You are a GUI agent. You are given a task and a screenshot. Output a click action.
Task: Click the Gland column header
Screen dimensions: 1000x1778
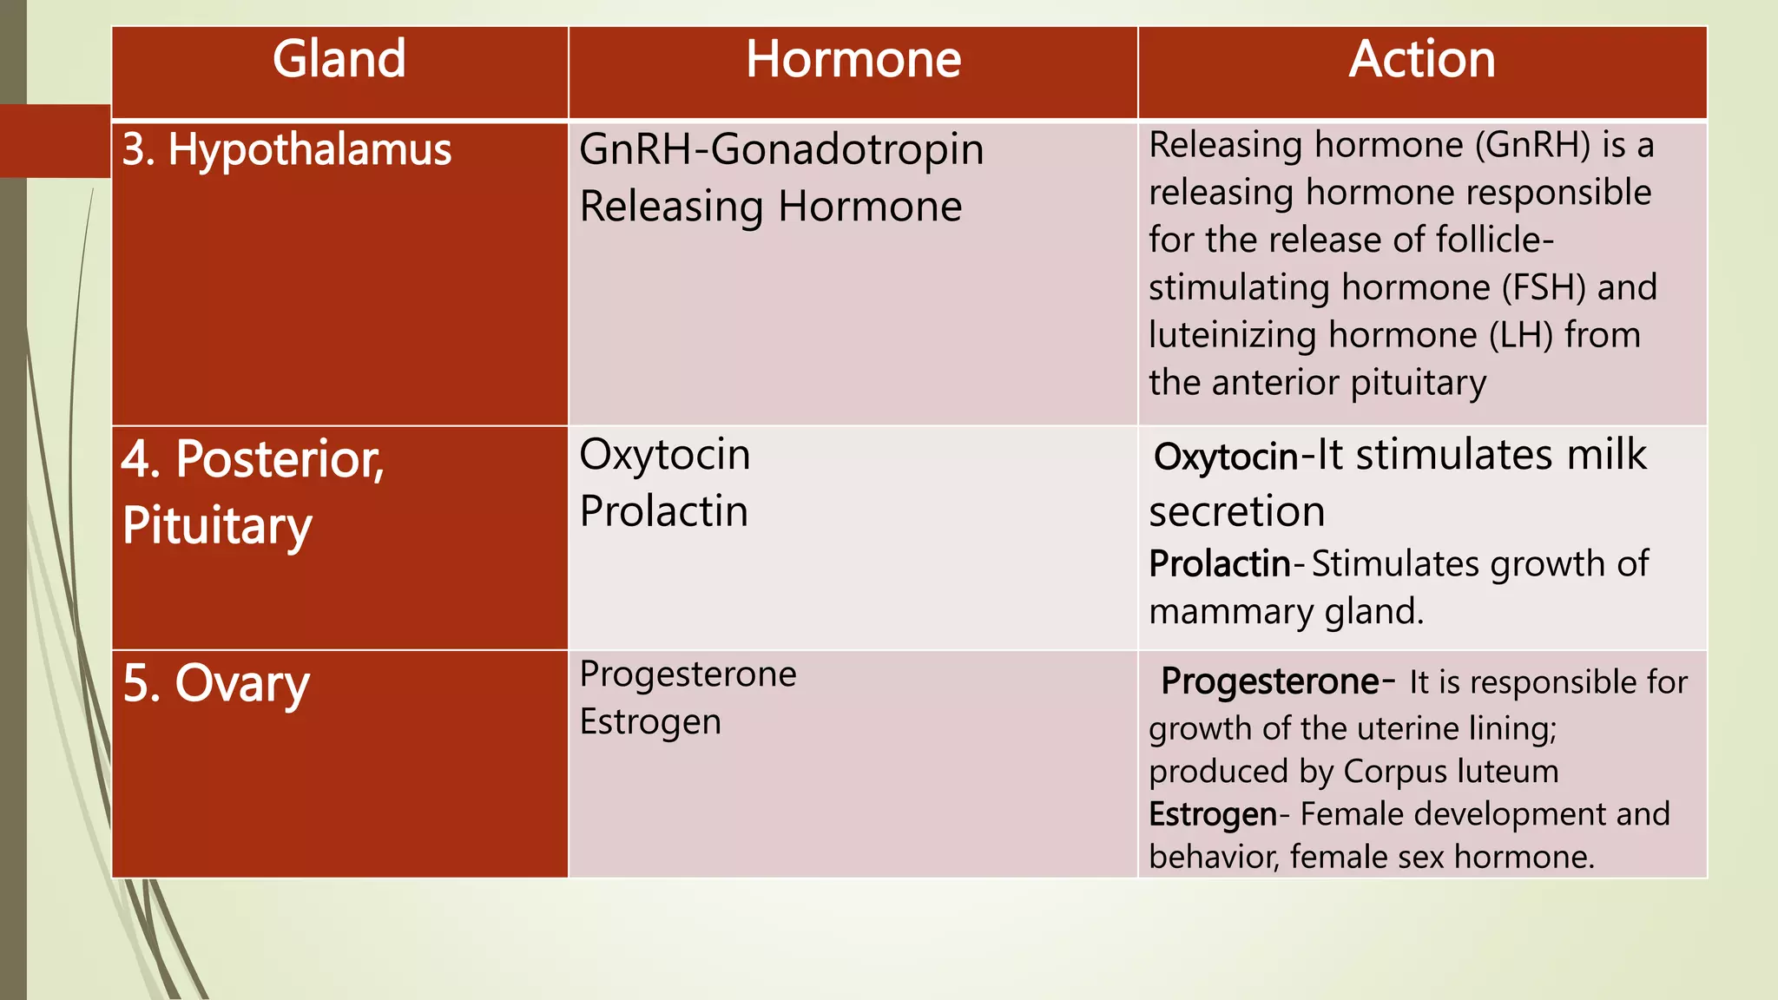tap(339, 59)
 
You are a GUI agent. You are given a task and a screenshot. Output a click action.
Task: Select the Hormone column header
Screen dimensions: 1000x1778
tap(853, 59)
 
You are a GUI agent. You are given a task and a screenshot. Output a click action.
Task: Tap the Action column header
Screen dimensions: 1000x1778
tap(1422, 59)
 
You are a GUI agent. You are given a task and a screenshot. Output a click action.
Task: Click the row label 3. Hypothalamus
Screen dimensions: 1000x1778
tap(286, 149)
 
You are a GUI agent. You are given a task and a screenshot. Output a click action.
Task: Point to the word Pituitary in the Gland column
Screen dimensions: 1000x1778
tap(217, 526)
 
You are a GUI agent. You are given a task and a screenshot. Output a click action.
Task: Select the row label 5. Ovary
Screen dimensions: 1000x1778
tap(216, 684)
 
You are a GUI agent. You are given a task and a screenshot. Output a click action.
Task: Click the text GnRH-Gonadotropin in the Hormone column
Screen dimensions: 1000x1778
tap(781, 149)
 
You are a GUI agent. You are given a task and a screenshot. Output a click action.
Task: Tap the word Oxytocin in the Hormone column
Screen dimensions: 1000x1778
tap(665, 455)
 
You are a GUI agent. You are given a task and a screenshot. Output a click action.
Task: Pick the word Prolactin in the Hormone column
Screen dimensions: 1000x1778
tap(664, 511)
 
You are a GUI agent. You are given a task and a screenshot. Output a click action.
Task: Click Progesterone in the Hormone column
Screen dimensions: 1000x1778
tap(688, 674)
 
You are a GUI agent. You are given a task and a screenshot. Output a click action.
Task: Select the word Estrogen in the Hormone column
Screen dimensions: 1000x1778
tap(650, 722)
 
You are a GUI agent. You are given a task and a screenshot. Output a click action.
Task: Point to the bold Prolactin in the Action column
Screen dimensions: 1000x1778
tap(1220, 564)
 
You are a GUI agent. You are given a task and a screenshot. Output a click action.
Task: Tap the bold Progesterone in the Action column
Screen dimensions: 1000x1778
tap(1270, 681)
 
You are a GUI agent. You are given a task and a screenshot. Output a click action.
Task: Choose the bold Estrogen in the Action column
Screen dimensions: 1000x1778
tap(1213, 814)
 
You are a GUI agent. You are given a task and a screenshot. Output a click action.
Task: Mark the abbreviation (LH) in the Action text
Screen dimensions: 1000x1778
tap(1520, 335)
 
